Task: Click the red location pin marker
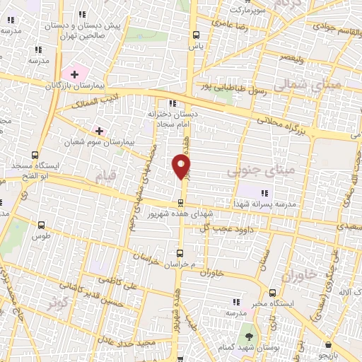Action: point(181,166)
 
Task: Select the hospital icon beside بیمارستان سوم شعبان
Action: point(99,131)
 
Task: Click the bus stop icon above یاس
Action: point(196,35)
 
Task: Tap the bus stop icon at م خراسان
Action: point(179,252)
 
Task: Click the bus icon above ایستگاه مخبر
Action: point(273,291)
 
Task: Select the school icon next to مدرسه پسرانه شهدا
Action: point(266,192)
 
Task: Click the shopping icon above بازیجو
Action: point(328,344)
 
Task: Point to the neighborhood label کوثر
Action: point(58,303)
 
